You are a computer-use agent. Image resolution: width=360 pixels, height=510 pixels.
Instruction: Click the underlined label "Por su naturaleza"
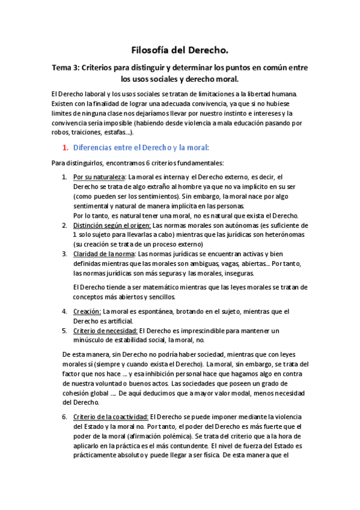coord(99,177)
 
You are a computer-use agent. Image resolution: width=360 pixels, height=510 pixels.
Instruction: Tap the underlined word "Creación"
coord(87,311)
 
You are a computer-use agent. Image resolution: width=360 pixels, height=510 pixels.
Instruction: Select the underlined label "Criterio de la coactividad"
coord(110,416)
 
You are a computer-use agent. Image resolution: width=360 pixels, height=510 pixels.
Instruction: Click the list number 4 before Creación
coord(65,311)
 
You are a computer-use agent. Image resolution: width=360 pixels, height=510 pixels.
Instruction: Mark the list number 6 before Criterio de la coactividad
coord(65,416)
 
